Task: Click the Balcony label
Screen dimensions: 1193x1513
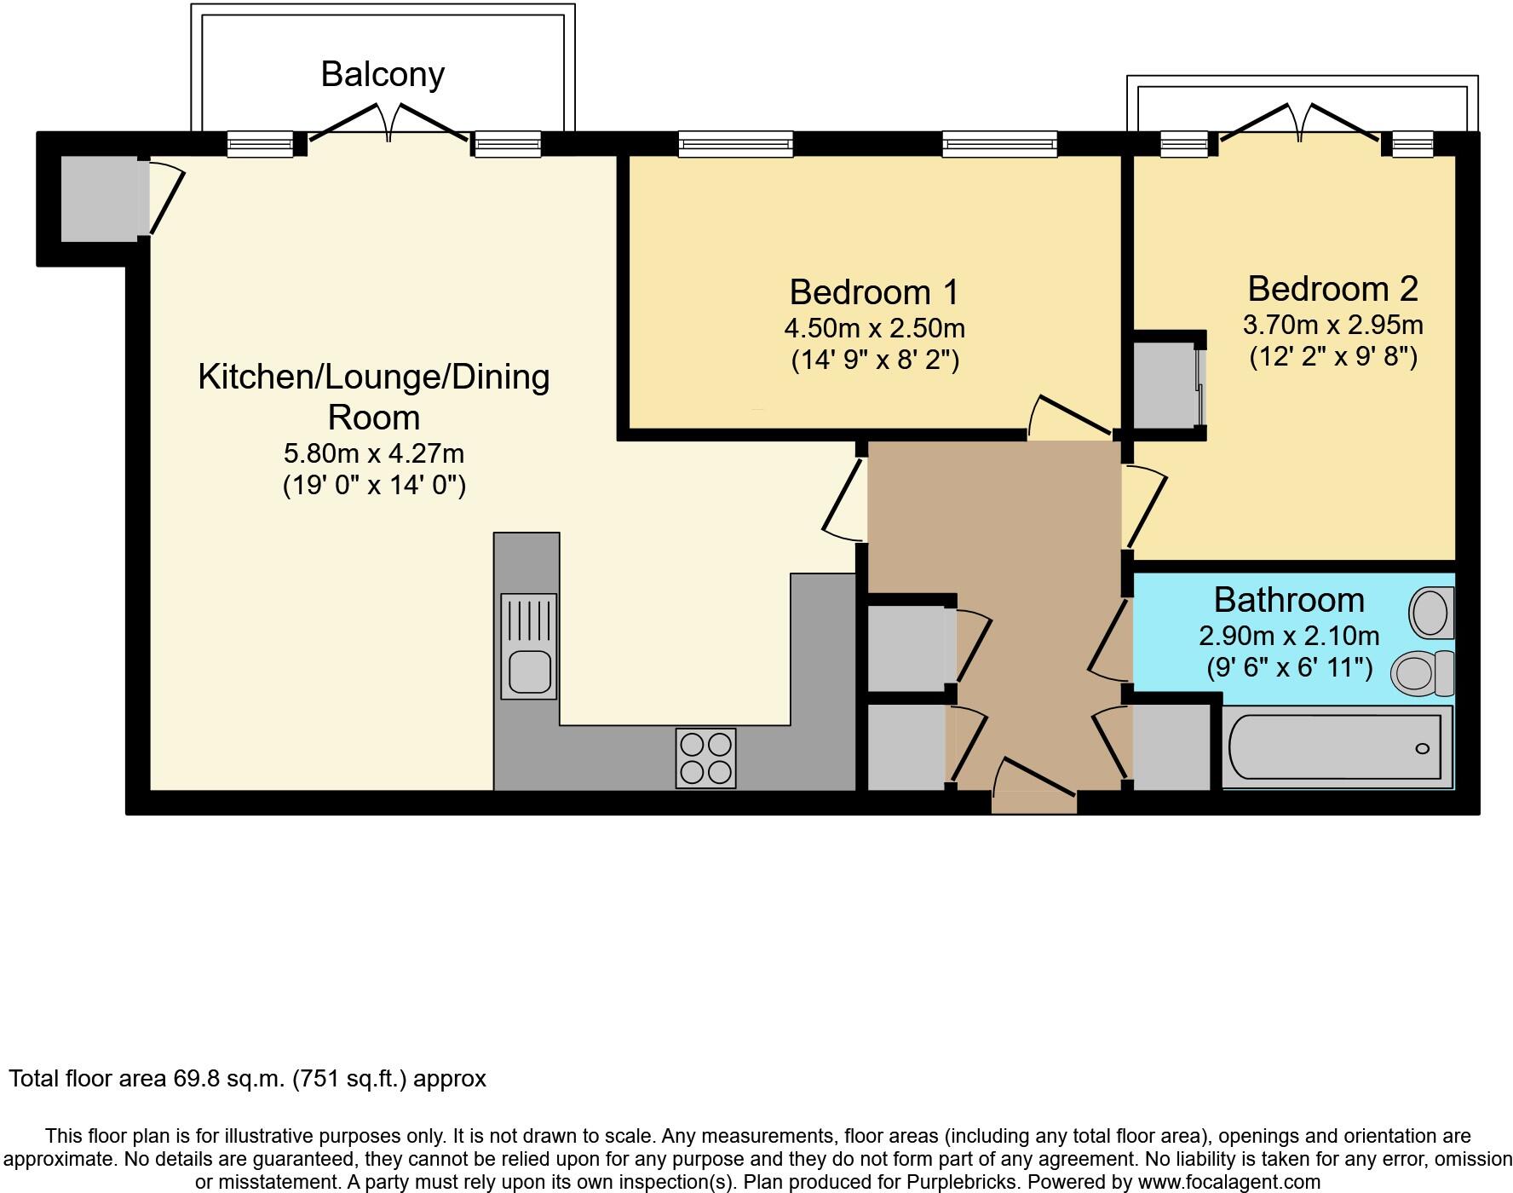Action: pos(383,74)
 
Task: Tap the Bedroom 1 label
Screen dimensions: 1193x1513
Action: pos(874,292)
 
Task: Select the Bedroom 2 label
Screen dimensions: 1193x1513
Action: pos(1332,289)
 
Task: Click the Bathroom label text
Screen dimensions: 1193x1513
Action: pos(1288,600)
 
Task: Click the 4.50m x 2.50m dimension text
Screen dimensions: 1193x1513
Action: pos(874,328)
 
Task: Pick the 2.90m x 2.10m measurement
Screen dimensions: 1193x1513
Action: pos(1288,636)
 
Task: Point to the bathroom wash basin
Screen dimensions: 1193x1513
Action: pos(1431,612)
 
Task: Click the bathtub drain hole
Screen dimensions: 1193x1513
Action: pos(1422,749)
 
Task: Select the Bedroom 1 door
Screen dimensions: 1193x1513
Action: pos(1072,418)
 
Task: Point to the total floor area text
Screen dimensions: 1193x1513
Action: pos(247,1079)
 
